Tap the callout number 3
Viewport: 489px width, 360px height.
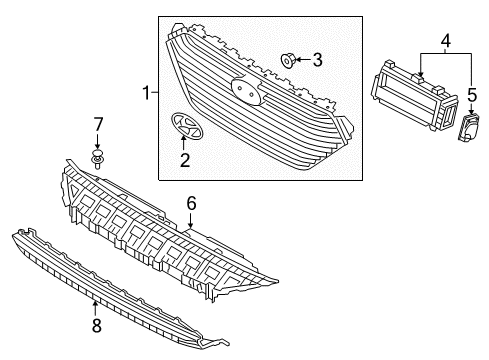tap(317, 61)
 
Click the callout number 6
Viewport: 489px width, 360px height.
tap(191, 202)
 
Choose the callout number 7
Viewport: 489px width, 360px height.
tap(98, 124)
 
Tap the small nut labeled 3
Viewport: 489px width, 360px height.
tap(288, 61)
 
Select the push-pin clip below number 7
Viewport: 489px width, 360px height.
tap(98, 159)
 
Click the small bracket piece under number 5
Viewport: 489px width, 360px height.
tap(467, 128)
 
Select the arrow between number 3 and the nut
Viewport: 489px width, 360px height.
tap(302, 61)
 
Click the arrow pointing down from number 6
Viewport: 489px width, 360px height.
tap(191, 220)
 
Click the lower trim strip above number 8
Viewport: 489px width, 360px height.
tap(130, 275)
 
